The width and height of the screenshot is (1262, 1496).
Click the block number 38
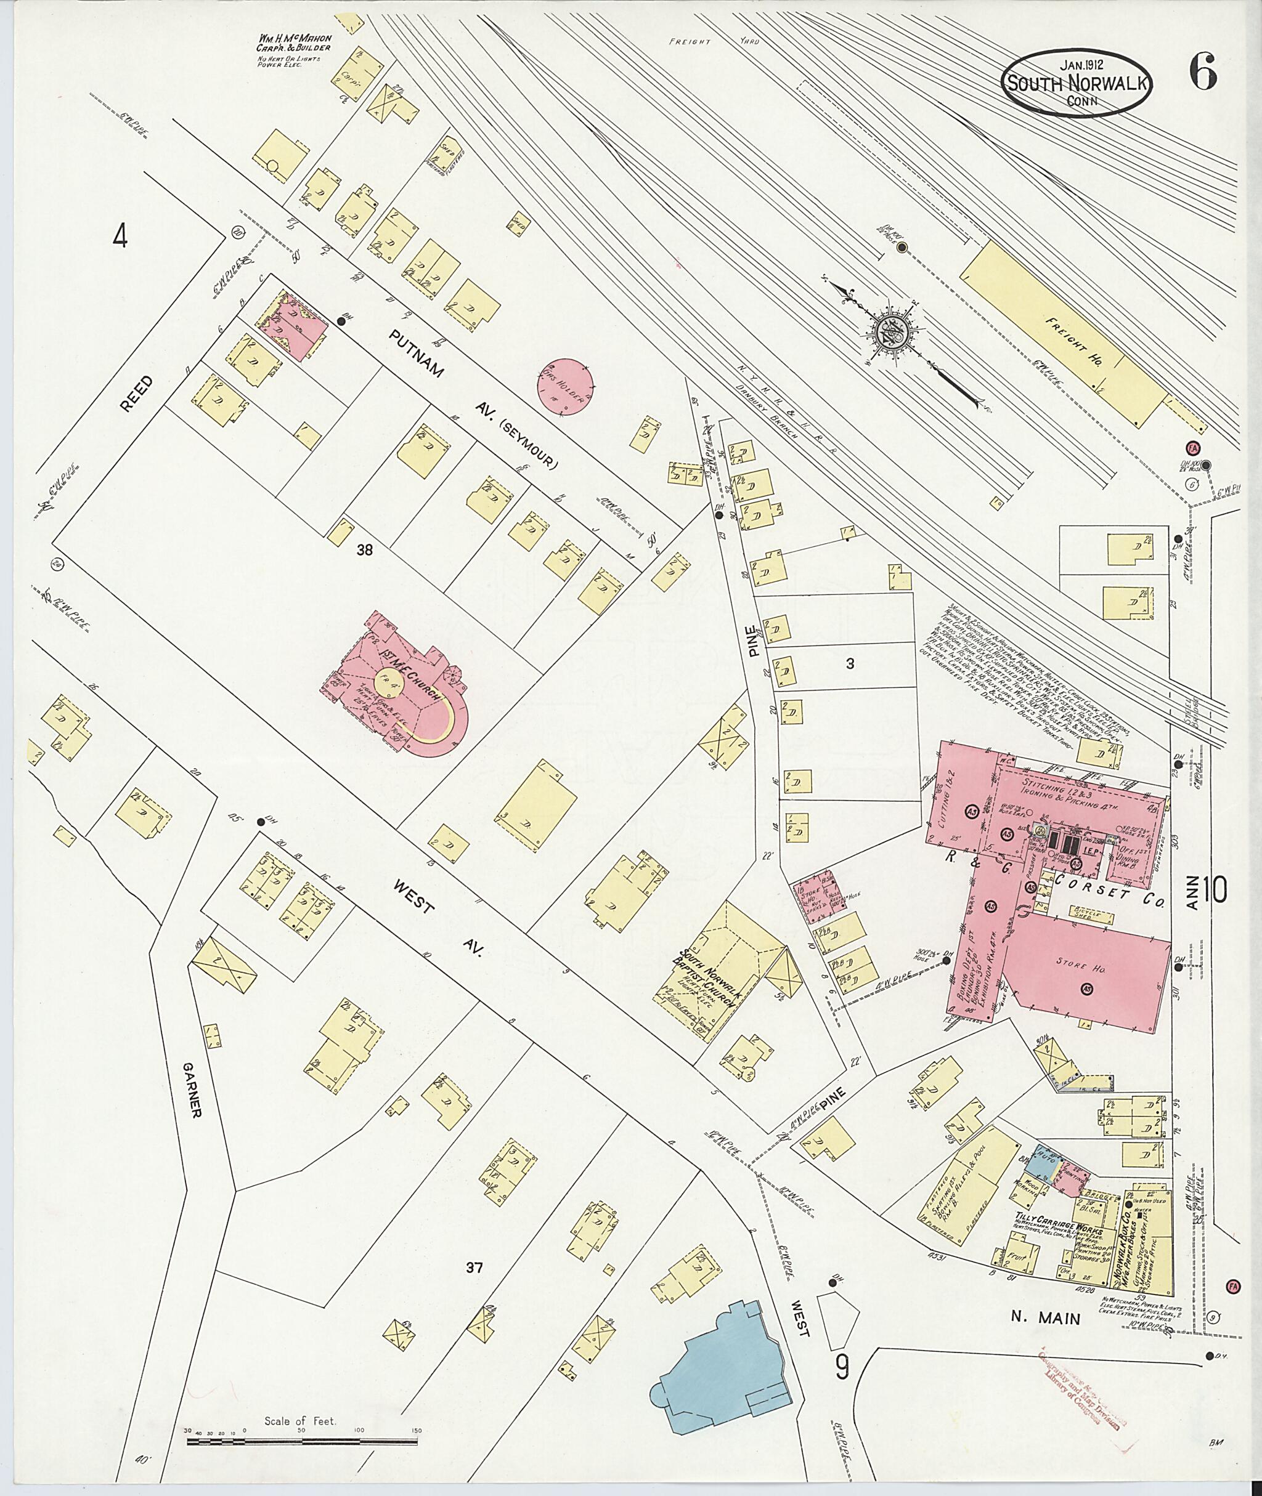[365, 550]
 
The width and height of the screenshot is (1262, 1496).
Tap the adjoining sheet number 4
[120, 236]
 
